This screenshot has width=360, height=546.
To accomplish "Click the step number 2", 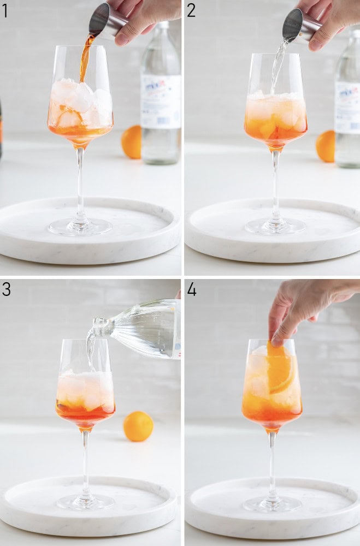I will click(x=191, y=10).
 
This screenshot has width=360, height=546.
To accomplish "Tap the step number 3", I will click(x=5, y=289).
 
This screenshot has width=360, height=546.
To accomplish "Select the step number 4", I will click(x=191, y=289).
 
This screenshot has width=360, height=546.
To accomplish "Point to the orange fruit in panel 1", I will click(x=131, y=141).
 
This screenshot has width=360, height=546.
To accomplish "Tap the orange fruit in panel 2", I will click(x=326, y=146).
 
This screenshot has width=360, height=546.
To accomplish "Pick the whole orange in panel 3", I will click(x=138, y=426).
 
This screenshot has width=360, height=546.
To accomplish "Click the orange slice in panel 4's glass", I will click(x=280, y=369).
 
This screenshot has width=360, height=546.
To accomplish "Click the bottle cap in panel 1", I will click(x=162, y=25).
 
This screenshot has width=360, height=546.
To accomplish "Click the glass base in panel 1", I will click(x=80, y=226).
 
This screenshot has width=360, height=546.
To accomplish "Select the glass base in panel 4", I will click(x=272, y=503).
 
